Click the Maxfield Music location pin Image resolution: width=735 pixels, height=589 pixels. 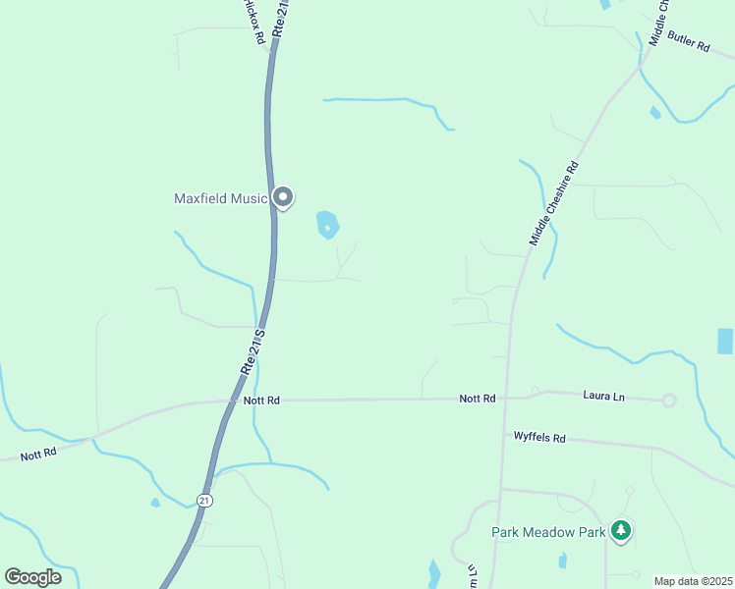(x=283, y=198)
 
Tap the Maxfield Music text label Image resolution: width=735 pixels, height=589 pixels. (x=220, y=198)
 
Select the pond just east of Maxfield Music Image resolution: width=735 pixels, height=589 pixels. (x=327, y=225)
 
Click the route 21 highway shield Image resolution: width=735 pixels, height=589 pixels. (x=203, y=501)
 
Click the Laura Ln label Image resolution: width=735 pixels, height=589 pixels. (x=603, y=397)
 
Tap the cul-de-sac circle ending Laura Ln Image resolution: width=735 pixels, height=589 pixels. (x=669, y=400)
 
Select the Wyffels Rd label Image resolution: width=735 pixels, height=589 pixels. (x=539, y=438)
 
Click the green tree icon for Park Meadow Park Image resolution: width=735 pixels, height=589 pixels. (x=620, y=531)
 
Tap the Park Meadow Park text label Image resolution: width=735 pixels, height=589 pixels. (x=548, y=532)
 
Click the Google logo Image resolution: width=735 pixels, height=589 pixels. (x=32, y=576)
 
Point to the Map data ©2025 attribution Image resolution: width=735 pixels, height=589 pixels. (x=693, y=581)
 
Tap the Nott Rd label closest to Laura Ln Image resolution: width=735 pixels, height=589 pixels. (x=477, y=399)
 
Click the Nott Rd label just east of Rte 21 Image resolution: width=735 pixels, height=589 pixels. (x=261, y=401)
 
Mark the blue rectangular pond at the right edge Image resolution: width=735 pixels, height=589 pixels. (x=725, y=342)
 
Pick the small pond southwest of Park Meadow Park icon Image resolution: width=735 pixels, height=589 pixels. (x=562, y=561)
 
